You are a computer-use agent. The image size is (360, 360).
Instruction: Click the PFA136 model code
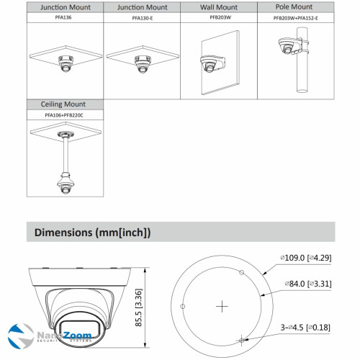click(x=63, y=18)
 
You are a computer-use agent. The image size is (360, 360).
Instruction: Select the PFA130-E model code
click(x=140, y=18)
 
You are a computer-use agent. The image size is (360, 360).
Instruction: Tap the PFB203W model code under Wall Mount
click(x=217, y=18)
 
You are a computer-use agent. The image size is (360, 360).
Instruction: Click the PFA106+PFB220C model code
click(x=63, y=114)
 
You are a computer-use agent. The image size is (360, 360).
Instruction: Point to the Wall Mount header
click(x=217, y=6)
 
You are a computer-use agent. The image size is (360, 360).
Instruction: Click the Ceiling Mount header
click(x=63, y=104)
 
